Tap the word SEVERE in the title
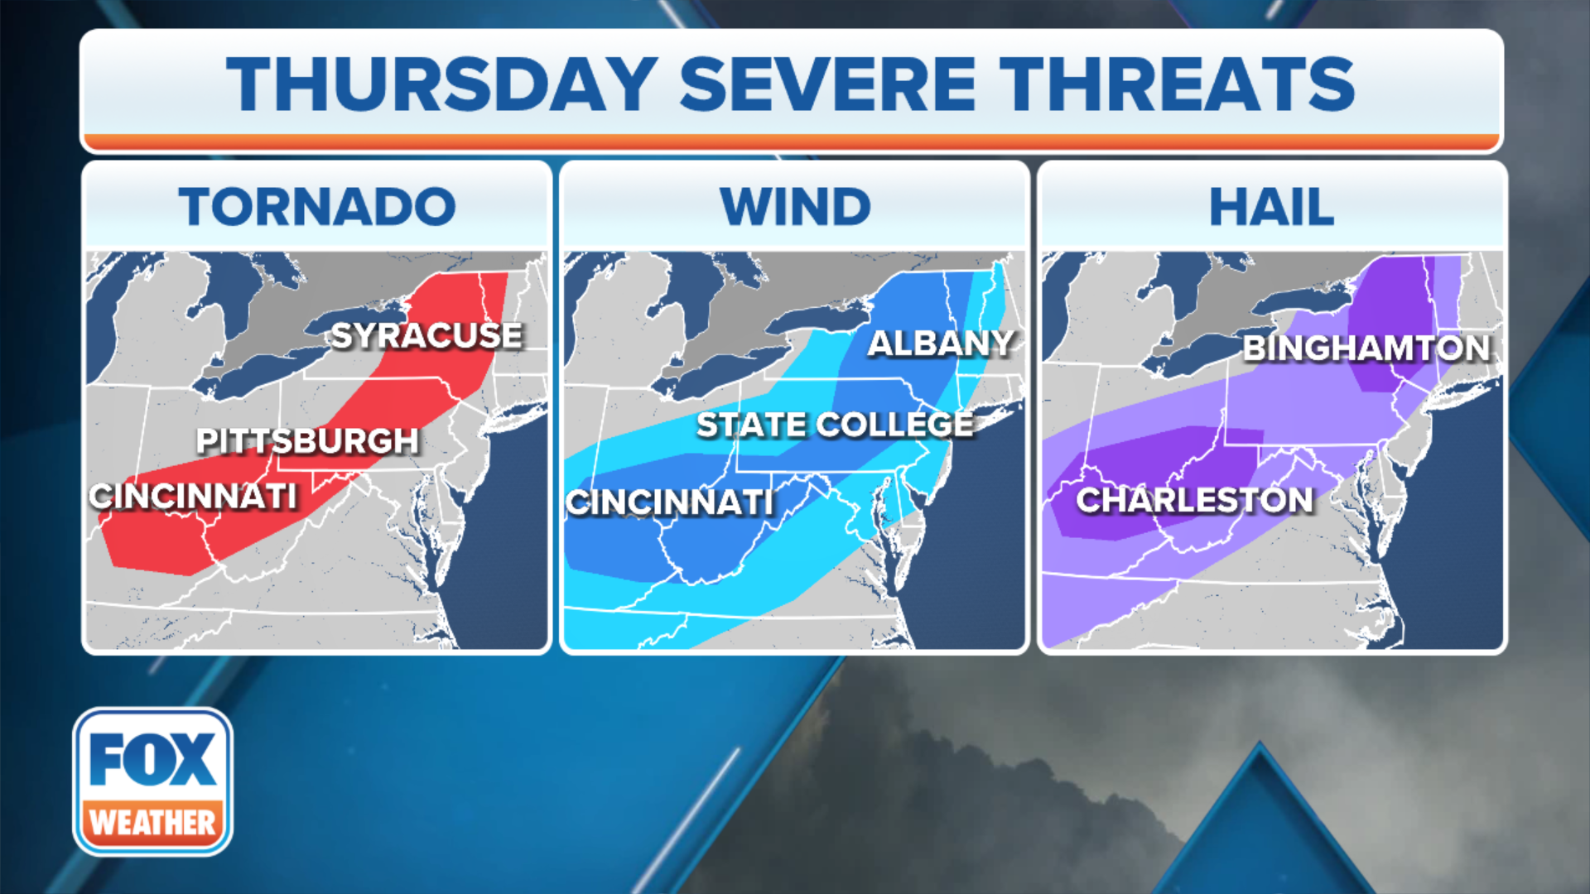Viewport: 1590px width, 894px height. click(x=827, y=84)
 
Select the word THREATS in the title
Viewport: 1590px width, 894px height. click(x=1177, y=84)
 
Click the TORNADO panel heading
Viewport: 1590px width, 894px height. click(x=317, y=206)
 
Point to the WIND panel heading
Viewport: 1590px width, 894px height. click(x=795, y=206)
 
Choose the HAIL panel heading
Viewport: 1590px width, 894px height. click(x=1272, y=206)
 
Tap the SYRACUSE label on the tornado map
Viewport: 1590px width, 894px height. click(x=426, y=335)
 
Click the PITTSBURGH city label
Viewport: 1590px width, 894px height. click(x=307, y=440)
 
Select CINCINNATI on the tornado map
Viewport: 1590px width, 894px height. click(x=193, y=496)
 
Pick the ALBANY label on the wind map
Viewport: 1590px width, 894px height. click(x=941, y=343)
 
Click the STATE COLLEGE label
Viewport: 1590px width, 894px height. click(x=835, y=425)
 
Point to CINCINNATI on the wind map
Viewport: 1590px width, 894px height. click(x=670, y=502)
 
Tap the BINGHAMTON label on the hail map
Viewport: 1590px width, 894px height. click(x=1366, y=348)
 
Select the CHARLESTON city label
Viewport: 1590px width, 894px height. click(x=1194, y=499)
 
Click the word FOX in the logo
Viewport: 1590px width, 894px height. click(x=152, y=759)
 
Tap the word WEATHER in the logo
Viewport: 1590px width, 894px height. click(x=152, y=823)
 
